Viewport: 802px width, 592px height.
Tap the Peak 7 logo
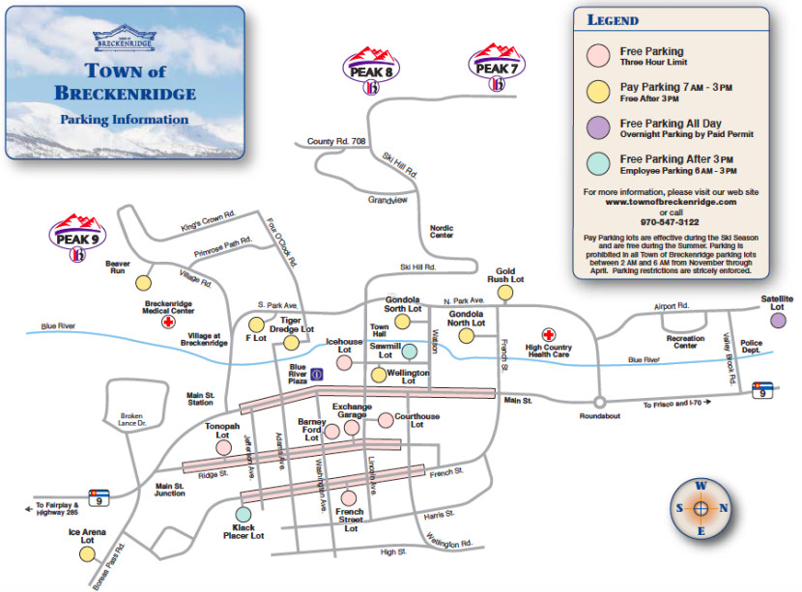pos(497,68)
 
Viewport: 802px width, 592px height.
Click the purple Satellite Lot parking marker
pos(778,320)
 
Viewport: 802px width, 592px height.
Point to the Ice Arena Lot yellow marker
pos(88,553)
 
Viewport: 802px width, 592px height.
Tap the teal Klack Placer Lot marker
pos(243,514)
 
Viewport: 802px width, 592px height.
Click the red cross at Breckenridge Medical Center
pos(168,322)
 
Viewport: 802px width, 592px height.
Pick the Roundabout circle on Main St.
pos(599,401)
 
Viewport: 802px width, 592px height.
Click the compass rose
pos(702,506)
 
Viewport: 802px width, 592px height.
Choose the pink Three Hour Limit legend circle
pos(599,56)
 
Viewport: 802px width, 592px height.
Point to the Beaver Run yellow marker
pos(143,283)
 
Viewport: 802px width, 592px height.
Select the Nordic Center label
pos(442,232)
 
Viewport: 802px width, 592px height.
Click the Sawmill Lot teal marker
pos(410,352)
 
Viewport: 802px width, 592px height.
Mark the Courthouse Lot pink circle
pos(386,420)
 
